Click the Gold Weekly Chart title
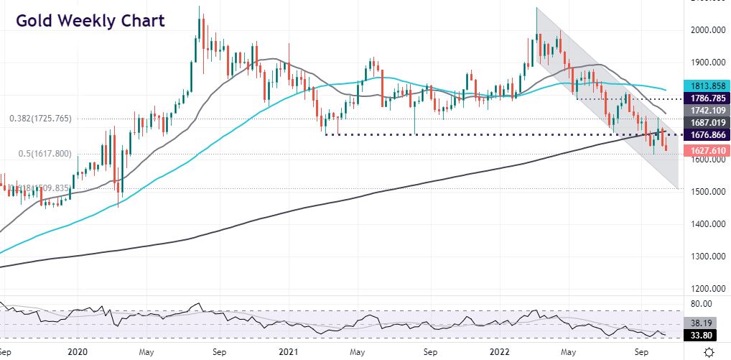90,21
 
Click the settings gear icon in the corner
709,351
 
